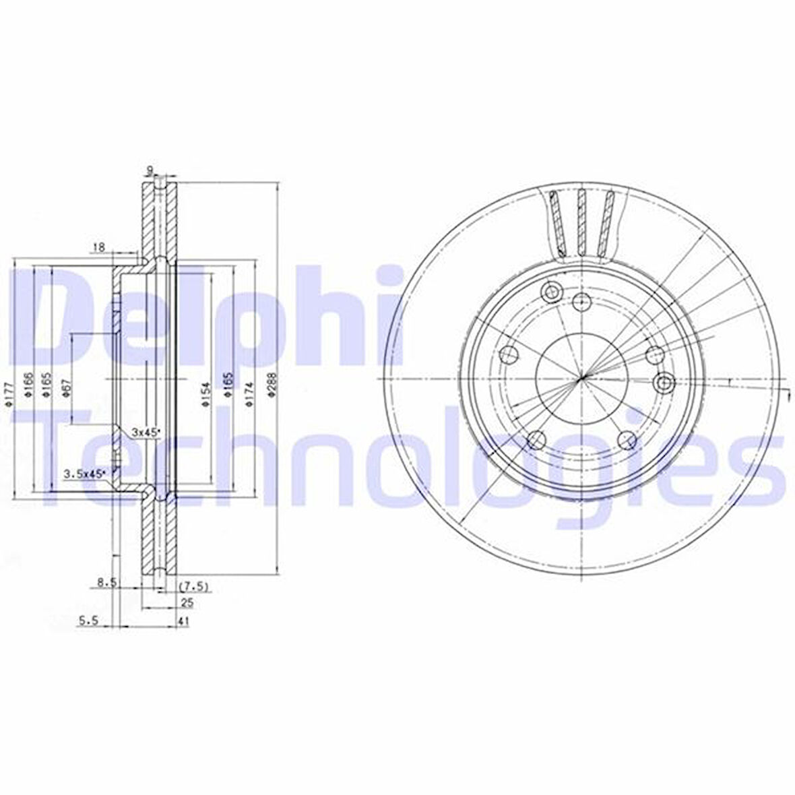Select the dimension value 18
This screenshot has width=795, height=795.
(98, 247)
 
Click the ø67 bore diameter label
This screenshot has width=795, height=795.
(66, 389)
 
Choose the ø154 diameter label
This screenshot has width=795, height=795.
(205, 393)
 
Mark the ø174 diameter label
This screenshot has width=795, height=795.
(248, 393)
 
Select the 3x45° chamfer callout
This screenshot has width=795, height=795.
(144, 432)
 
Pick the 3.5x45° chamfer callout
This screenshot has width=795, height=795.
(85, 474)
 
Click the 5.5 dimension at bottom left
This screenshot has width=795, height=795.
(88, 622)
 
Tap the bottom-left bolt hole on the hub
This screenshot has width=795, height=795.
(536, 440)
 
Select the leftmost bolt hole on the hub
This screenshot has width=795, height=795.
(509, 353)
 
